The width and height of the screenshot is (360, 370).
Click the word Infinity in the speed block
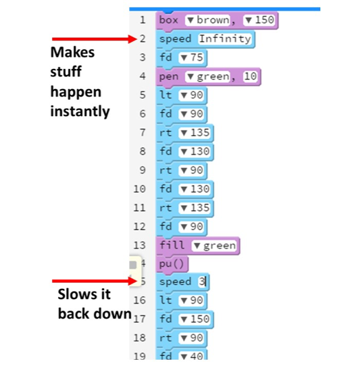225,39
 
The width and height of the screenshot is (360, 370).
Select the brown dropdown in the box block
207,20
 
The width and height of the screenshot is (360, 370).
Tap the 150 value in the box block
259,20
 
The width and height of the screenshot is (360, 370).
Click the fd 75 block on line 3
181,58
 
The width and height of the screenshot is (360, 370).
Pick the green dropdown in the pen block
207,77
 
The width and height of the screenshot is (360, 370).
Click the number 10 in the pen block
250,77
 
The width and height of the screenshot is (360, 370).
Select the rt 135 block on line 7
184,133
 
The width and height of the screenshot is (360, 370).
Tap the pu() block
172,264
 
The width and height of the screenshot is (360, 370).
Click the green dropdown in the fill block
214,246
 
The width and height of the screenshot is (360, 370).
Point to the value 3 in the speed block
202,282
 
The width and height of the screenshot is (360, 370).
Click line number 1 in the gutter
143,20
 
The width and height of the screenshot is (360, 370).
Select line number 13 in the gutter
140,246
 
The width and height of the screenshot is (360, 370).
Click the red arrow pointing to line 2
95,39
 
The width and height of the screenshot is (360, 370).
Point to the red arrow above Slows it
95,281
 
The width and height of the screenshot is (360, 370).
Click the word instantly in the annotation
80,111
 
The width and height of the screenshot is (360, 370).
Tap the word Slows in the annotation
73,294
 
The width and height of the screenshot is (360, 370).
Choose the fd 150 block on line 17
184,319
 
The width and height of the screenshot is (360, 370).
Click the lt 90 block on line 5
181,95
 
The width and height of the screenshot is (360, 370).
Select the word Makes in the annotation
72,53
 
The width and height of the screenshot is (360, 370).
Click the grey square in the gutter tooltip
133,265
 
